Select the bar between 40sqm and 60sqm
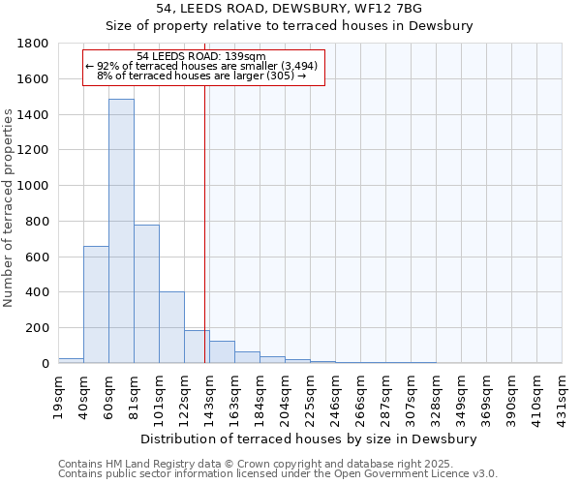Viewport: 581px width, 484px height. [96, 304]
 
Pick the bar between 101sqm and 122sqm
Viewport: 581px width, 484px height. [171, 327]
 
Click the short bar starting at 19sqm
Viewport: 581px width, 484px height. [71, 360]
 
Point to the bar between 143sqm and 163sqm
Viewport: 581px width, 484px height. [222, 352]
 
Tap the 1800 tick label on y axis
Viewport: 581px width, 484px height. [35, 44]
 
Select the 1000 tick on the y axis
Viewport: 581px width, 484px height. [35, 186]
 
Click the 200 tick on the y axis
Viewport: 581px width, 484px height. [39, 328]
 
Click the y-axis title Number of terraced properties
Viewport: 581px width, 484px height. [9, 208]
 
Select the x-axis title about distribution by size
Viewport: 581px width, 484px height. [309, 439]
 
